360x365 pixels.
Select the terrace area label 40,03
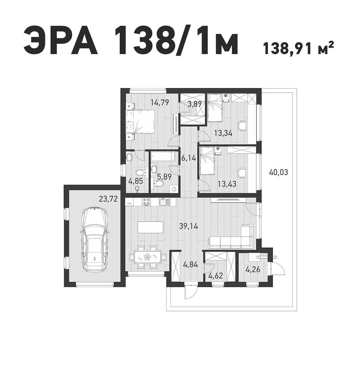click(x=278, y=173)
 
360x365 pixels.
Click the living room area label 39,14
click(x=189, y=226)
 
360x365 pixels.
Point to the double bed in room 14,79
click(x=141, y=122)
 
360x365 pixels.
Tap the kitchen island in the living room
click(x=151, y=227)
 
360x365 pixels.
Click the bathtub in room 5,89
click(x=163, y=157)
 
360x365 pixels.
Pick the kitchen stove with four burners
click(x=146, y=201)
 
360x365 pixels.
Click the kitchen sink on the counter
click(x=163, y=202)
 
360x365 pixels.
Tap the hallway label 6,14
click(x=189, y=158)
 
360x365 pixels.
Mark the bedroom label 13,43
click(x=227, y=184)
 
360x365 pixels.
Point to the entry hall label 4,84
click(x=191, y=264)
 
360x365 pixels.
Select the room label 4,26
click(x=253, y=270)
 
